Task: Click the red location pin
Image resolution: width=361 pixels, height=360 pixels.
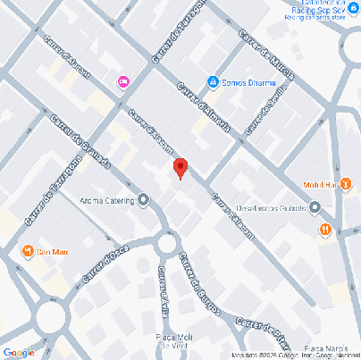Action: (180, 167)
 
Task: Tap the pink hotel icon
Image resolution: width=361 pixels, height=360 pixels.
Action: (123, 82)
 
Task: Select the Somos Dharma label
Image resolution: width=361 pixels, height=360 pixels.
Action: (244, 83)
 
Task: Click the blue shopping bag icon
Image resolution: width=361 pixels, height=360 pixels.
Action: (214, 83)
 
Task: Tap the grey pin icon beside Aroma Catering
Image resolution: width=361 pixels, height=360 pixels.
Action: (143, 200)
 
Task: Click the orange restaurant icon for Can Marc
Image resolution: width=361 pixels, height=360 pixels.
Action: (28, 249)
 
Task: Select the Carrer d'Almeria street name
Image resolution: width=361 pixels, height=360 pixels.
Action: (205, 107)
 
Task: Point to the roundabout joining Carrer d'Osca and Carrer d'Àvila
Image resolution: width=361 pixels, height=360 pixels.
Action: (166, 242)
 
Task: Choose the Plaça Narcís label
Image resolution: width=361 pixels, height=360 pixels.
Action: (325, 347)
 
